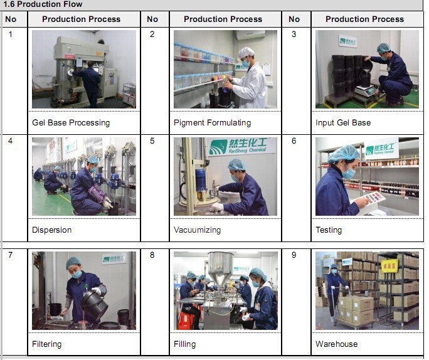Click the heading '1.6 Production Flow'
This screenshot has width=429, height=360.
[x=43, y=4]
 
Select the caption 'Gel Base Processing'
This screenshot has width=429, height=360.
[x=71, y=123]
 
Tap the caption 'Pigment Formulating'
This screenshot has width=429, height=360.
[x=213, y=123]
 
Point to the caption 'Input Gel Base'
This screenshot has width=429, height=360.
[x=343, y=123]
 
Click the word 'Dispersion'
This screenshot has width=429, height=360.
[x=51, y=230]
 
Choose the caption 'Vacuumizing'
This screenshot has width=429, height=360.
[x=198, y=230]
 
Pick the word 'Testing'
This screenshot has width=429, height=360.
[x=329, y=230]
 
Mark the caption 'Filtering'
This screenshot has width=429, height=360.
[x=47, y=344]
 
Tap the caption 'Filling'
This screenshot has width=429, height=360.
[x=184, y=344]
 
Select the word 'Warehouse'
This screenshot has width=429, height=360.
[x=337, y=344]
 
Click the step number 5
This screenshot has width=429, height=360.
[x=152, y=141]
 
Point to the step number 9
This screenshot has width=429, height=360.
[x=294, y=255]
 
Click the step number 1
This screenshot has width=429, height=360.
[x=11, y=34]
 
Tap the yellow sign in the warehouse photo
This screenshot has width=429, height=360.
[x=389, y=266]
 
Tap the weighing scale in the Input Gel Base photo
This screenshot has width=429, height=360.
[x=365, y=90]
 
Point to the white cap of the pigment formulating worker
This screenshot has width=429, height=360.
[x=246, y=52]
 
